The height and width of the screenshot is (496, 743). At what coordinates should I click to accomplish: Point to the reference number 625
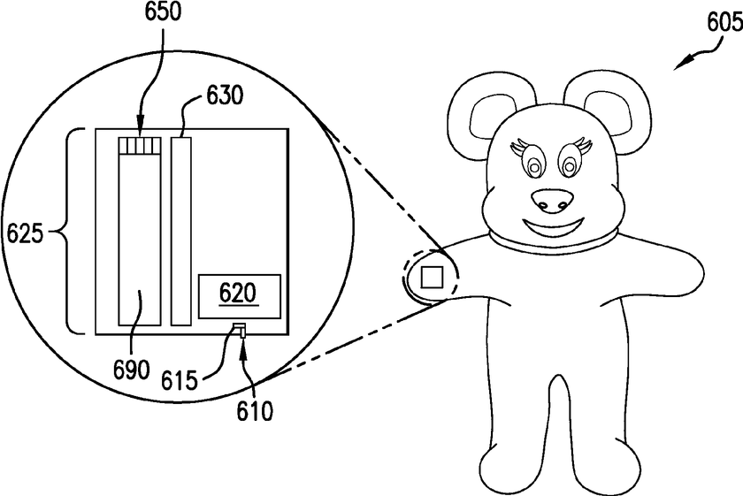click(x=23, y=234)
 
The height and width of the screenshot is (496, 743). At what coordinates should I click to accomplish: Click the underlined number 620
click(x=238, y=293)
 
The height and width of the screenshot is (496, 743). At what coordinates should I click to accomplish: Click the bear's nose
click(x=554, y=202)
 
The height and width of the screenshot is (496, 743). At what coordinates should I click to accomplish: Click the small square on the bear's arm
click(x=431, y=278)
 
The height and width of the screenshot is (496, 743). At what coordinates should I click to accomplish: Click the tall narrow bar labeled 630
click(x=181, y=230)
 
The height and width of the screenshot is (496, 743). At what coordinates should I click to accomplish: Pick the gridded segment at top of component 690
click(x=139, y=145)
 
